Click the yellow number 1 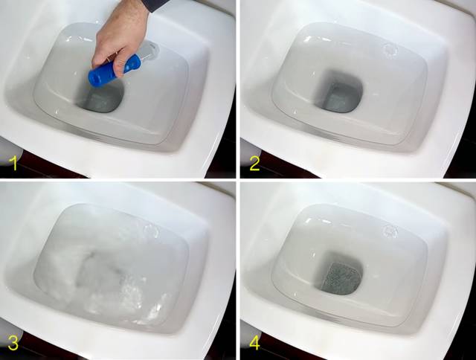[x=13, y=164]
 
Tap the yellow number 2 [x=254, y=164]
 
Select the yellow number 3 [x=13, y=344]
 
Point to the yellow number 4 [x=255, y=344]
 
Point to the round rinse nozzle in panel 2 [x=390, y=50]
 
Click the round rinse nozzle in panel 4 [x=390, y=231]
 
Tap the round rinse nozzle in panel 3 [x=151, y=231]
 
